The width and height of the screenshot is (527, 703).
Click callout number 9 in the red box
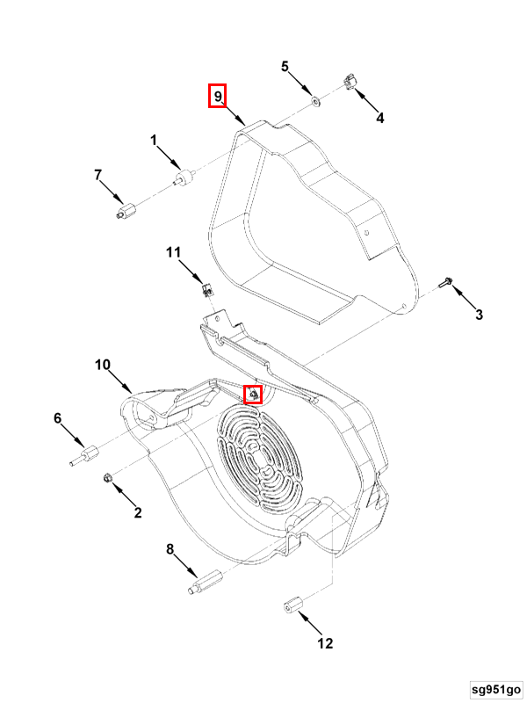point(218,95)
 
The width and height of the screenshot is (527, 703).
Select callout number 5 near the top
point(285,67)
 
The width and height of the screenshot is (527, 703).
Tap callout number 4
point(380,118)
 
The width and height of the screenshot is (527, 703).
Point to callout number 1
point(153,140)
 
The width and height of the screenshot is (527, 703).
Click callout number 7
point(98,175)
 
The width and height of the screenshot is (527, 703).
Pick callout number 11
point(173,253)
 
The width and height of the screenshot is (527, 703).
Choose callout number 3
point(479,315)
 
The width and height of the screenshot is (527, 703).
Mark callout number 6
point(58,418)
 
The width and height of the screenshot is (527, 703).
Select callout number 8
point(170,550)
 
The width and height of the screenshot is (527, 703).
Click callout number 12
point(325,643)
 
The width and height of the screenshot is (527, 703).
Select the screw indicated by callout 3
point(444,283)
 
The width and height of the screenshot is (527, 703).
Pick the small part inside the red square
point(253,395)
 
